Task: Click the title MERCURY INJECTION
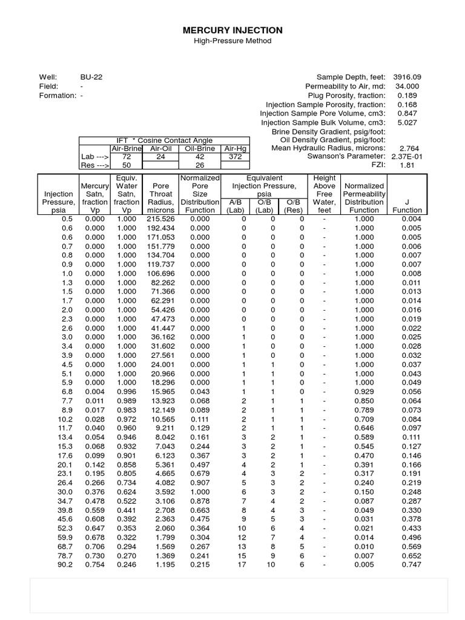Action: tap(232, 30)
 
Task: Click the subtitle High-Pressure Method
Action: tap(232, 41)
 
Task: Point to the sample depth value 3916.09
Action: tap(407, 77)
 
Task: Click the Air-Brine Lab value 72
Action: tap(127, 156)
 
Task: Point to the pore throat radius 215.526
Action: tap(161, 219)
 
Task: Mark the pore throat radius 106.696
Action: tap(161, 274)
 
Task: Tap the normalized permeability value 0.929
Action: tap(364, 392)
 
